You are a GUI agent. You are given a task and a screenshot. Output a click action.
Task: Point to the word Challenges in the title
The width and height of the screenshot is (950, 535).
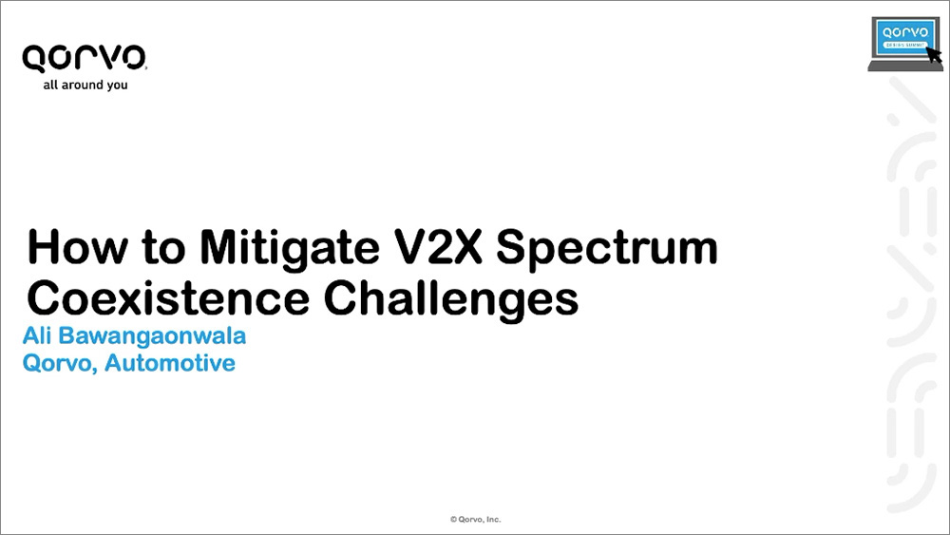[451, 299]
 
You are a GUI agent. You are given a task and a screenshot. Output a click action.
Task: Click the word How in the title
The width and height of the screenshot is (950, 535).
[78, 246]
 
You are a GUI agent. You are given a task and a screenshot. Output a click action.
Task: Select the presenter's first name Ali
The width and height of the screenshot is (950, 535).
[37, 335]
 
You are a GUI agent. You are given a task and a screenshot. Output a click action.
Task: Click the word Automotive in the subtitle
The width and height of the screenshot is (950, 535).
[170, 363]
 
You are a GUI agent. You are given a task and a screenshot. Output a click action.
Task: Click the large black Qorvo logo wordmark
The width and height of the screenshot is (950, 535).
[85, 59]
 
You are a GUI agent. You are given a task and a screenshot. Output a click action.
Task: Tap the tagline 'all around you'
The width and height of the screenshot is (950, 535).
[85, 86]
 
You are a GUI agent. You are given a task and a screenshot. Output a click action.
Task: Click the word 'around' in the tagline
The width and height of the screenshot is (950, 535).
[82, 85]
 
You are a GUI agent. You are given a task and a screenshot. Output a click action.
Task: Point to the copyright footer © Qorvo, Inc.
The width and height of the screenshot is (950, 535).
[476, 519]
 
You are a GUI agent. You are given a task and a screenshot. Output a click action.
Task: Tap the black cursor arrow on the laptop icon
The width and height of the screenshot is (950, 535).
[934, 54]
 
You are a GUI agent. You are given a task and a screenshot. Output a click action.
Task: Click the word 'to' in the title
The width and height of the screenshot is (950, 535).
[163, 248]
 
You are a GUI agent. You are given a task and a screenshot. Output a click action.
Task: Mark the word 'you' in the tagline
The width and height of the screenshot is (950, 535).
[117, 86]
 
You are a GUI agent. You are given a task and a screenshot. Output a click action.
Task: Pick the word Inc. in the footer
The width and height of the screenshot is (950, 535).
[493, 519]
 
